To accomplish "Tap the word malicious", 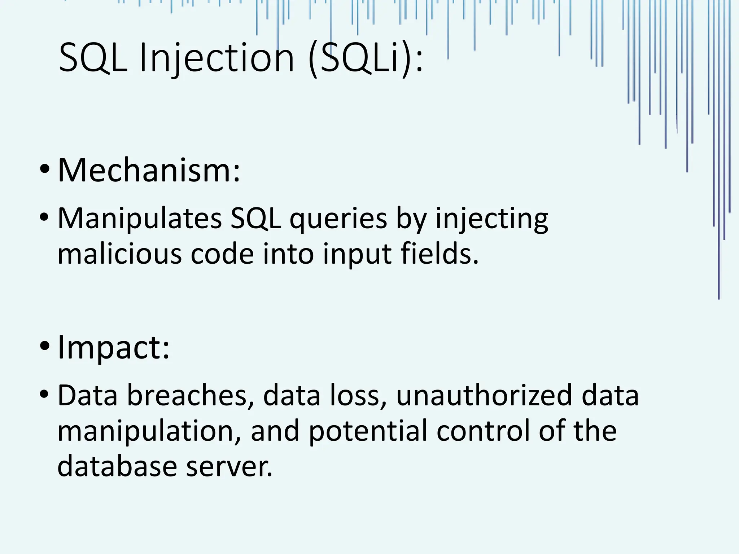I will [119, 254].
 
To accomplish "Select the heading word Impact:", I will [113, 347].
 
